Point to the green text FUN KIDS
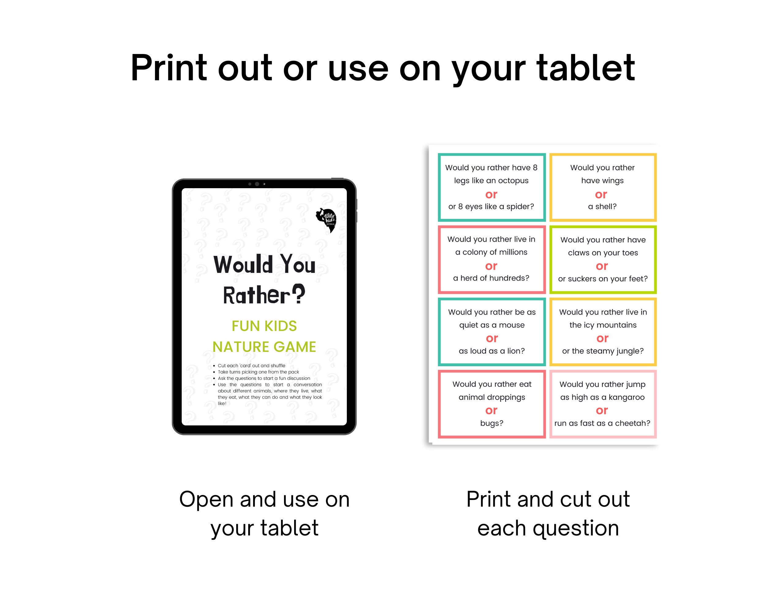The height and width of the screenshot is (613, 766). point(264,326)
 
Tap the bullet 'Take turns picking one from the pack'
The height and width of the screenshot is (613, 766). point(258,372)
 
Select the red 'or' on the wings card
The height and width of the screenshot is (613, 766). point(601,194)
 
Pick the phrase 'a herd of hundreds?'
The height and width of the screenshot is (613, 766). point(491,278)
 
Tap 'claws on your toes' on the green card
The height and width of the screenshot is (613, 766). point(603,253)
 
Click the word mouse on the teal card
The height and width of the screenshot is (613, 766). point(511,325)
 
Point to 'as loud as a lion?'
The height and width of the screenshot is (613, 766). point(492,351)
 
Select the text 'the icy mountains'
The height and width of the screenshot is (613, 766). point(603,325)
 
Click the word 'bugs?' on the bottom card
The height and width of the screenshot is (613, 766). point(492,423)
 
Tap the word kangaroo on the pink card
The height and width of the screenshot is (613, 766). point(626,397)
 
